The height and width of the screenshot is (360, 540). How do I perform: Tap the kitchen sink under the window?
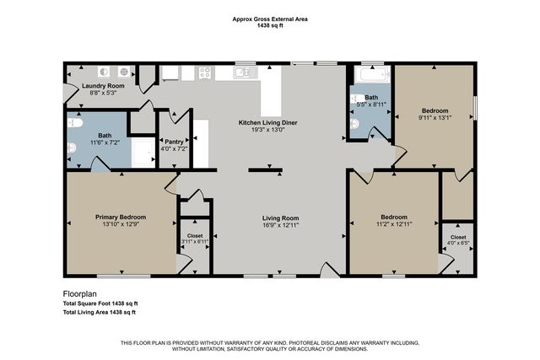(246, 73)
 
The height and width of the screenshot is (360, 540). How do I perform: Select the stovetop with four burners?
(204, 73)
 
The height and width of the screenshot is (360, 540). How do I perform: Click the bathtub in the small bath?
(370, 78)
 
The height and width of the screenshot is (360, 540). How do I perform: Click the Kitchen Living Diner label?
(267, 122)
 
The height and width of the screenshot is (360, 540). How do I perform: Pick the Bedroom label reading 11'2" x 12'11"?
(393, 223)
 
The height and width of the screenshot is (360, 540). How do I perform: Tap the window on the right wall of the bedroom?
(476, 108)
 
